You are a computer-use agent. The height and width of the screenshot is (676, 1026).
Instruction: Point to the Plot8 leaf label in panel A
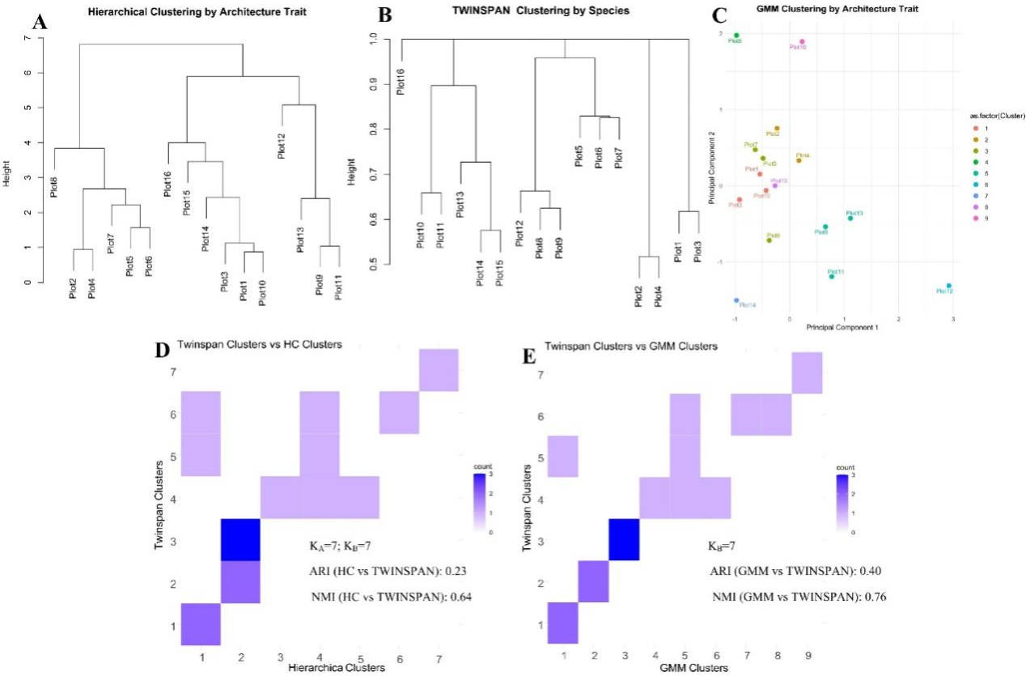pos(54,182)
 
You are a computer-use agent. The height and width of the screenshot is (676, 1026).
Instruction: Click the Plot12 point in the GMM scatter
pos(948,286)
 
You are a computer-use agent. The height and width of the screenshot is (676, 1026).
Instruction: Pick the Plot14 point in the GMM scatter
pos(736,300)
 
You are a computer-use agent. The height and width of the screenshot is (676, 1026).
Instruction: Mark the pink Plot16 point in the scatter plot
pos(802,41)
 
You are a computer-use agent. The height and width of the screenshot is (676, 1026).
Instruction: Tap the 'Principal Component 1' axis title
pos(842,328)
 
